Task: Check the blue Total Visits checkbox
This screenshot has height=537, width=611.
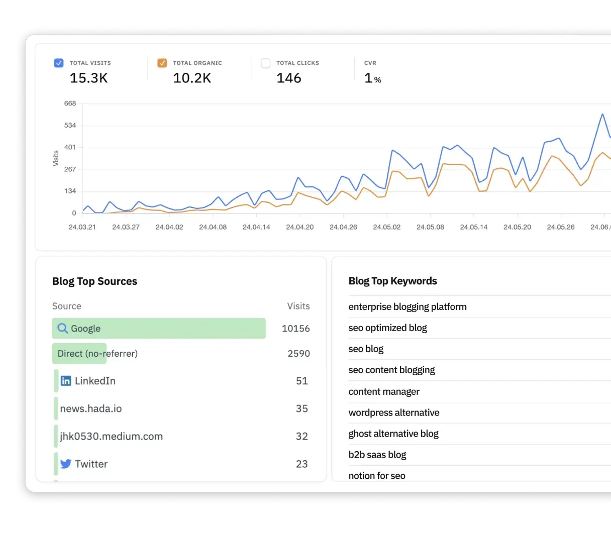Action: coord(59,63)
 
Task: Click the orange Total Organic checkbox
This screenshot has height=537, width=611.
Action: coord(162,63)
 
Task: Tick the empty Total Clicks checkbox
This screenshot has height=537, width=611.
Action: coord(266,63)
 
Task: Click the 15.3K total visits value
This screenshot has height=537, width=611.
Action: coord(88,78)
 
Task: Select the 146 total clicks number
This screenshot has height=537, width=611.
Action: coord(289,78)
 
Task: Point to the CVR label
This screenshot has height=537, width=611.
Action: coord(370,63)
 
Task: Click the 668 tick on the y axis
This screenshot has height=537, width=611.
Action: coord(70,103)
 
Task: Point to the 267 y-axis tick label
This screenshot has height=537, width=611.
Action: coord(70,169)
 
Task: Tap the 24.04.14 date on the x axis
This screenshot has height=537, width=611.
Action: coord(256,227)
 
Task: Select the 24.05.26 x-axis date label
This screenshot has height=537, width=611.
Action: coord(561,227)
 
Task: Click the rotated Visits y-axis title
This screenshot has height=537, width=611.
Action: coord(56,158)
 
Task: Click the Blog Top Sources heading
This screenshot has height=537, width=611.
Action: coord(94,281)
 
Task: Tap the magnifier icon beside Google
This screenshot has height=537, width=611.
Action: coord(63,328)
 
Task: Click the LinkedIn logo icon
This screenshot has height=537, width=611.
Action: coord(66,381)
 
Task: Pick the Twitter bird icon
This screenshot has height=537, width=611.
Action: coord(66,464)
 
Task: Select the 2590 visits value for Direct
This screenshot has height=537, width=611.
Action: coord(298,354)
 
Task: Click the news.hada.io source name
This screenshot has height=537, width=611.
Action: coord(91,408)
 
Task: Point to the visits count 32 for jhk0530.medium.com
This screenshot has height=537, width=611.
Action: coord(301,436)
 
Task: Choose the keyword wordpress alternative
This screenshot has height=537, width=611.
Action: coord(394,412)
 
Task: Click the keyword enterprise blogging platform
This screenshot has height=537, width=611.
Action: coord(408,306)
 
